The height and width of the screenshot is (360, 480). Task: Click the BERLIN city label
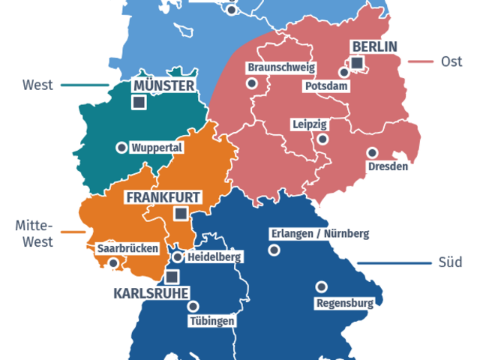click(x=373, y=46)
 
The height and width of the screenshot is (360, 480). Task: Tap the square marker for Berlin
click(x=358, y=62)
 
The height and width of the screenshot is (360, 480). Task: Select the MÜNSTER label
click(x=163, y=85)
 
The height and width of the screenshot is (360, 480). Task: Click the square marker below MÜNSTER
click(x=139, y=103)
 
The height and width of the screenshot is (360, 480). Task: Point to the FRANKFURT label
click(x=163, y=197)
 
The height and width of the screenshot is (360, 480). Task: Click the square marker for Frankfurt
click(x=179, y=214)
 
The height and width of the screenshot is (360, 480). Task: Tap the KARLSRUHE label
click(x=150, y=292)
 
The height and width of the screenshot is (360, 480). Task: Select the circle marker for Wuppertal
click(x=121, y=148)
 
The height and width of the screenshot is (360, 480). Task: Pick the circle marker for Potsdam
click(x=343, y=73)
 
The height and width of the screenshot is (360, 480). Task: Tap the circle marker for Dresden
click(x=371, y=152)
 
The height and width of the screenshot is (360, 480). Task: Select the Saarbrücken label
click(x=127, y=247)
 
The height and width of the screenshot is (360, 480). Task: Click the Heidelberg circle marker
click(x=177, y=257)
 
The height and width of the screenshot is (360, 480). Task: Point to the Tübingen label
click(x=211, y=321)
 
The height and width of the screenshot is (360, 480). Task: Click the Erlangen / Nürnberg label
click(x=319, y=234)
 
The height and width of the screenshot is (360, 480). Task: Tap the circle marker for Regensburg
click(x=321, y=286)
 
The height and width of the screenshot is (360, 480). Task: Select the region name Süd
click(x=450, y=262)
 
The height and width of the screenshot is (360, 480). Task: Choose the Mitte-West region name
click(x=34, y=233)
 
